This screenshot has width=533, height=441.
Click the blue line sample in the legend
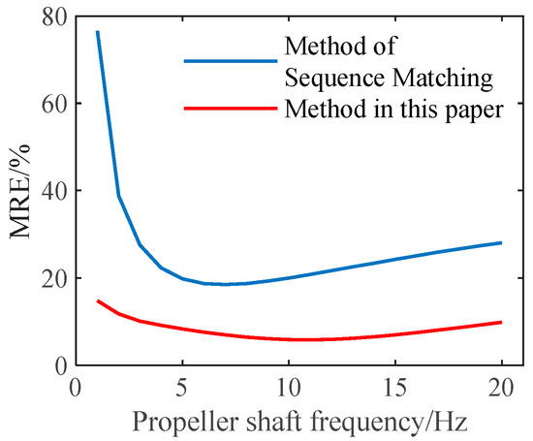click(x=230, y=59)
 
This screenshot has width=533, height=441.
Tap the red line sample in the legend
click(x=230, y=110)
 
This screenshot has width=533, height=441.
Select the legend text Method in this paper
click(x=392, y=110)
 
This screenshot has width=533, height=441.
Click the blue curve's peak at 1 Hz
click(x=97, y=32)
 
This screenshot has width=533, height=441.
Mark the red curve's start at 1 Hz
click(x=97, y=300)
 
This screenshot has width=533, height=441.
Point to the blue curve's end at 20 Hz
click(x=501, y=242)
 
